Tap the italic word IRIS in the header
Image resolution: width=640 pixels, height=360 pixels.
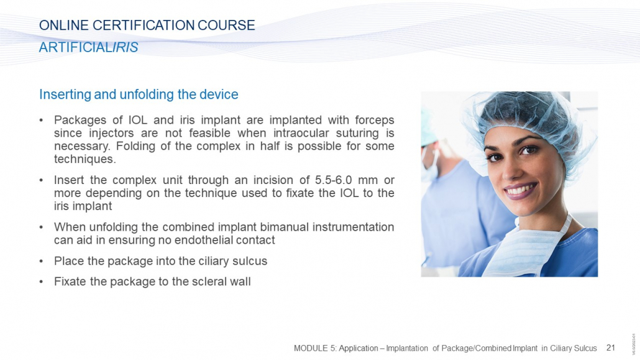(126, 47)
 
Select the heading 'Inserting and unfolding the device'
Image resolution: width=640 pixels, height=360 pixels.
(139, 95)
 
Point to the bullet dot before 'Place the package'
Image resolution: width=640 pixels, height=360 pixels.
(41, 262)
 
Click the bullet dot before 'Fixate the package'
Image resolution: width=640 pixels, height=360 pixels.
(41, 282)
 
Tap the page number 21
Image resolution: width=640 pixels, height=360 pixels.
(611, 348)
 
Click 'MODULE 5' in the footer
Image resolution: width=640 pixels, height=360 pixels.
(315, 348)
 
